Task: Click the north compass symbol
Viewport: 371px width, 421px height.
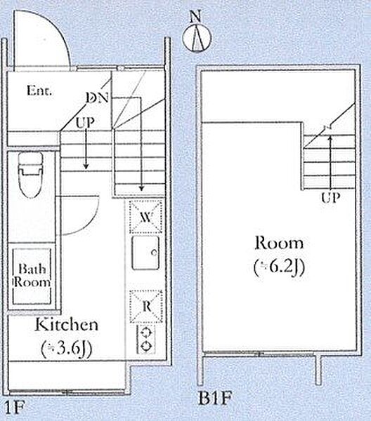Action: [197, 38]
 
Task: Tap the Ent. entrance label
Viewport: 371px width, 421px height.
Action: [39, 91]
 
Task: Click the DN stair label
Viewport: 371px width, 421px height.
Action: [98, 98]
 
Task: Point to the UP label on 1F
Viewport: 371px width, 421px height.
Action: [85, 122]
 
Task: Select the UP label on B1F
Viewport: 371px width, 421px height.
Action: [331, 198]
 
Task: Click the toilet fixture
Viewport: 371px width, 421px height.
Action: [30, 175]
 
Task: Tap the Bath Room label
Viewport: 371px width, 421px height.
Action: [32, 276]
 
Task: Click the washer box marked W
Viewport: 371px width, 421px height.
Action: [146, 217]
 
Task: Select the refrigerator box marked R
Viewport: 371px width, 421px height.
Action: [146, 307]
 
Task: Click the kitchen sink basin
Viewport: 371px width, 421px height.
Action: [145, 253]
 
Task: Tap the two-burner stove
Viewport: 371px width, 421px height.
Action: [146, 340]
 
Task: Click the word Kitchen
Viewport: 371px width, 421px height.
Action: [67, 325]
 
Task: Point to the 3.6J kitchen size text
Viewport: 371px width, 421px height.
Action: [67, 349]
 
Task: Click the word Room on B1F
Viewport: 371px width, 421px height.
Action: [279, 243]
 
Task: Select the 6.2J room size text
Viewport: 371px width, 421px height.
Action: [279, 267]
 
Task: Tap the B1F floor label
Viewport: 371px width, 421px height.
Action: [215, 398]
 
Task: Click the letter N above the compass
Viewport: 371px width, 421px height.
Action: [195, 17]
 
